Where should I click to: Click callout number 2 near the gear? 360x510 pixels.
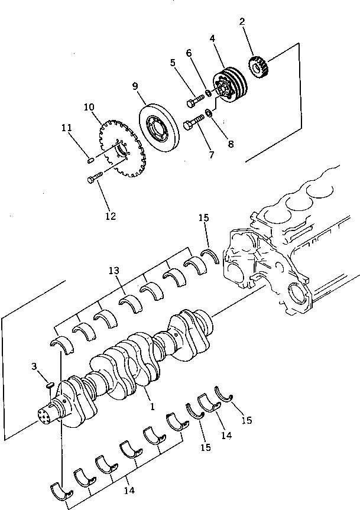[x=242, y=23]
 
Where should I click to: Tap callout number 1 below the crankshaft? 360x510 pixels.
[x=153, y=407]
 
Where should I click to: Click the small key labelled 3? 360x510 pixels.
[x=50, y=385]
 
